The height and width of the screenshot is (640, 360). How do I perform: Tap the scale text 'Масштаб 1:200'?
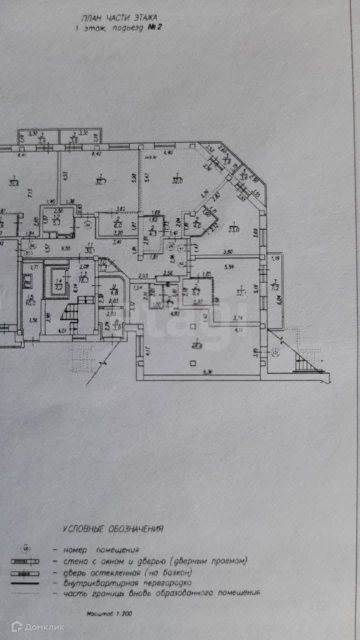coord(109,613)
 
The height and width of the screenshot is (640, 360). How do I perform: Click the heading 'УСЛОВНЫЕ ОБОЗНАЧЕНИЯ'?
coord(113,528)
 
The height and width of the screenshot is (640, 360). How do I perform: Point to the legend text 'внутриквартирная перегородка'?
coord(127,582)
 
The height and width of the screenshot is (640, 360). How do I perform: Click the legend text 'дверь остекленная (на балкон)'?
coord(128,572)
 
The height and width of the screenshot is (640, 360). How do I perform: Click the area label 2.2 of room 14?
coord(58,287)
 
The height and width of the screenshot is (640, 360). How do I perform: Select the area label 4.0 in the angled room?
coord(197,225)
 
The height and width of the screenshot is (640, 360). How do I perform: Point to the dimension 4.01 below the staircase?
coord(62,330)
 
